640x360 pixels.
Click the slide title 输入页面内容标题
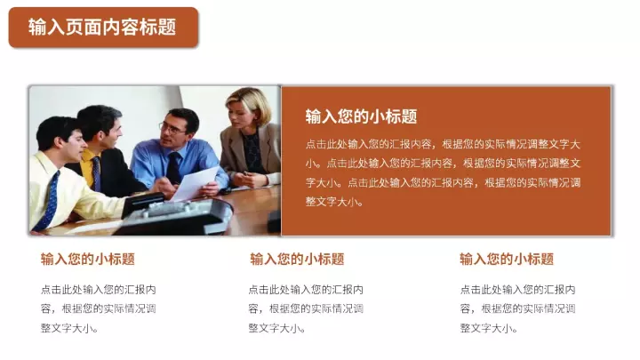point(102,28)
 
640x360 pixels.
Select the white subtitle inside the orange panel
point(361,116)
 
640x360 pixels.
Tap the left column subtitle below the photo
point(88,260)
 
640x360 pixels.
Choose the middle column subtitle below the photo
point(297,260)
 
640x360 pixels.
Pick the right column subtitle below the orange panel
point(507,260)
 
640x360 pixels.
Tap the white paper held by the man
point(195,184)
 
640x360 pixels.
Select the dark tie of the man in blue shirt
point(173,167)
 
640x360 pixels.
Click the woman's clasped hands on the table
point(247,180)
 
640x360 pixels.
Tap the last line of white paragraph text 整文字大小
point(334,202)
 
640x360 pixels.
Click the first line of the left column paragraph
point(99,290)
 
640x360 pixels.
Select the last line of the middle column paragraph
point(276,328)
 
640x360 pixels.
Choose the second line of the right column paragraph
point(518,309)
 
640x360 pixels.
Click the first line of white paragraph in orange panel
point(443,144)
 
